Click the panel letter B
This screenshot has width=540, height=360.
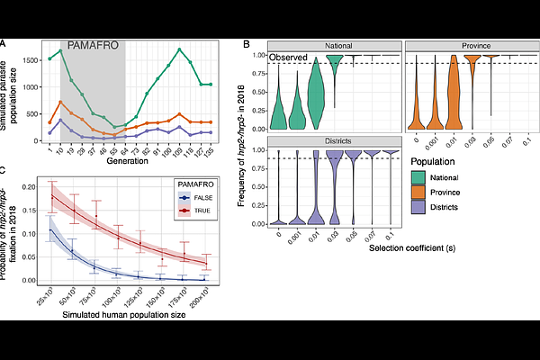(x=247, y=43)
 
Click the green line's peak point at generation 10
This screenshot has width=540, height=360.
(x=60, y=51)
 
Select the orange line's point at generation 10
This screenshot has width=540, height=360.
(x=60, y=103)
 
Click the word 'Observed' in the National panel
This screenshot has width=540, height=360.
(x=290, y=58)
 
